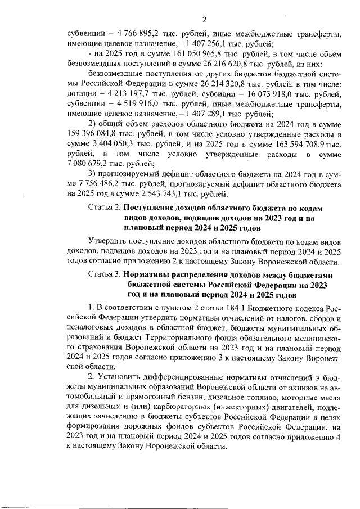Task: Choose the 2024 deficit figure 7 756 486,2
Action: point(105,184)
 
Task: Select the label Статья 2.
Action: point(105,209)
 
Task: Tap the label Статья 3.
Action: point(105,275)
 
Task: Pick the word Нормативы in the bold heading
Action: point(147,275)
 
